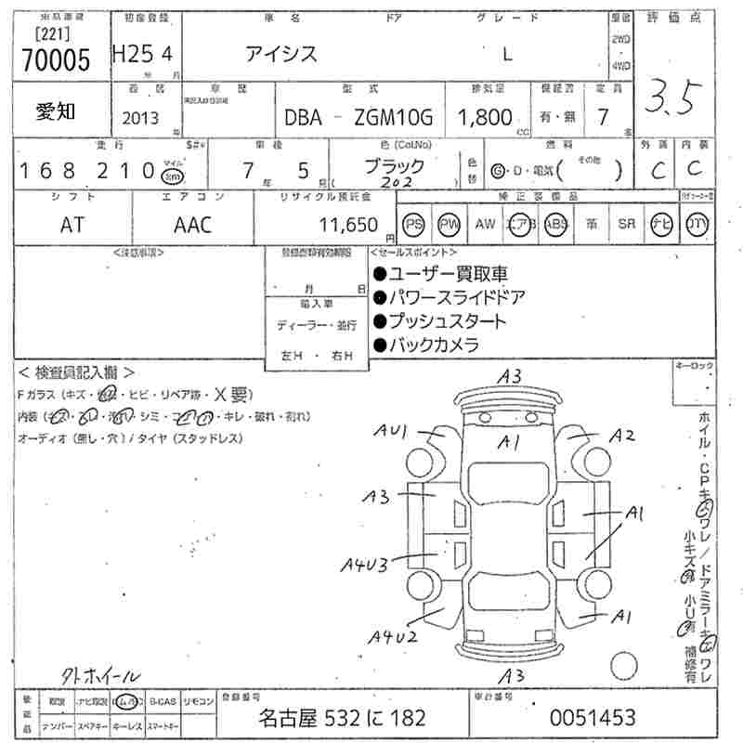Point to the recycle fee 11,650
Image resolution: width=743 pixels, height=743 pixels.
coord(348,224)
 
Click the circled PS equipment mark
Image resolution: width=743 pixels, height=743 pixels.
coord(414,224)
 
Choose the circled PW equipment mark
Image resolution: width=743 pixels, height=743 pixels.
coord(450,224)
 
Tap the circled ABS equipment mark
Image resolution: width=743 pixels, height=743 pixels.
coord(555,224)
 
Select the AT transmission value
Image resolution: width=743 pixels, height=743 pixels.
coord(72,224)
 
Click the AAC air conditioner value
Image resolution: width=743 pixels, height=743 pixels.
coord(192,224)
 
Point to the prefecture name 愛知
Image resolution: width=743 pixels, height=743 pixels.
coord(56,111)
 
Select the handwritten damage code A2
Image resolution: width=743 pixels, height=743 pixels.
coord(621,437)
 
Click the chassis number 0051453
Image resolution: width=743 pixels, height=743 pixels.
coord(593,717)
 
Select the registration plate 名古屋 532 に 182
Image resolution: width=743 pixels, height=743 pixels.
coord(341,717)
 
